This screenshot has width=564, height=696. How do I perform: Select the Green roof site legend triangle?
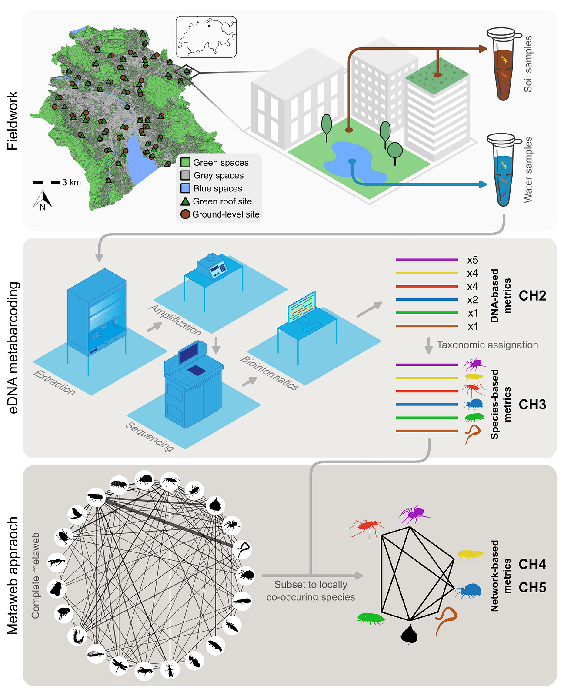pos(186,201)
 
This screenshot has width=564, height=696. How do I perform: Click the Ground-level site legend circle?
pos(185,214)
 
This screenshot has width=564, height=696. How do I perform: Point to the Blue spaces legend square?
pos(186,188)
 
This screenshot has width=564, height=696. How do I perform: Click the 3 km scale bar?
pos(47,182)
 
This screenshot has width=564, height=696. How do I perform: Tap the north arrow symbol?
pos(43,200)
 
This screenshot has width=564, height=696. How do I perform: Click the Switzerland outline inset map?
pos(206,37)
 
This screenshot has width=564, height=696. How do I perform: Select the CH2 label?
pos(532,296)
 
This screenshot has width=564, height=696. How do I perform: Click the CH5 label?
pos(532,588)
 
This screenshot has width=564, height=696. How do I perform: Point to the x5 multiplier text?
pos(472,260)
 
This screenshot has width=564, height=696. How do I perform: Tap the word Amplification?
pos(175,320)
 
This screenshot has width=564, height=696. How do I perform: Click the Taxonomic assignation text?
pos(487,345)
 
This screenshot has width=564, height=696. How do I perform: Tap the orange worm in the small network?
pos(446,619)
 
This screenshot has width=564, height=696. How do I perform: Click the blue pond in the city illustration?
pos(354,161)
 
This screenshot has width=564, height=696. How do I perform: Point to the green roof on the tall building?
pos(437,72)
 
